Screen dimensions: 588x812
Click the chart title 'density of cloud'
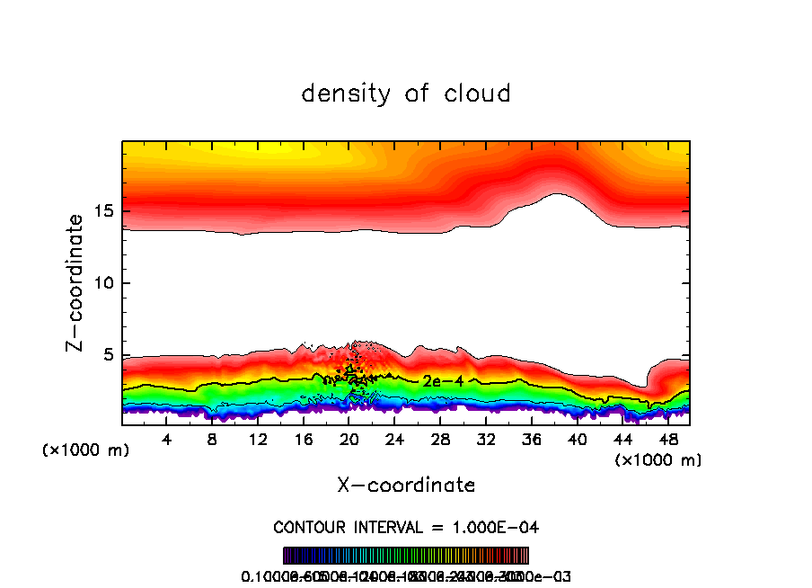click(406, 94)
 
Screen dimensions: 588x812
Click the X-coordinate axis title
click(406, 485)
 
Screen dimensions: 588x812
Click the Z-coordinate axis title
click(77, 281)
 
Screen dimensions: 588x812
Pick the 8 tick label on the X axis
click(213, 441)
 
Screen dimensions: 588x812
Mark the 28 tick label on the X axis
click(440, 441)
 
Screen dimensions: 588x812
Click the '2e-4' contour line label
click(443, 381)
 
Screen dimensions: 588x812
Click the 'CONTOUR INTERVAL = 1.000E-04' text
click(406, 527)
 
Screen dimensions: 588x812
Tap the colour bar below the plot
click(406, 556)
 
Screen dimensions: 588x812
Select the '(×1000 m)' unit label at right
click(658, 460)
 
